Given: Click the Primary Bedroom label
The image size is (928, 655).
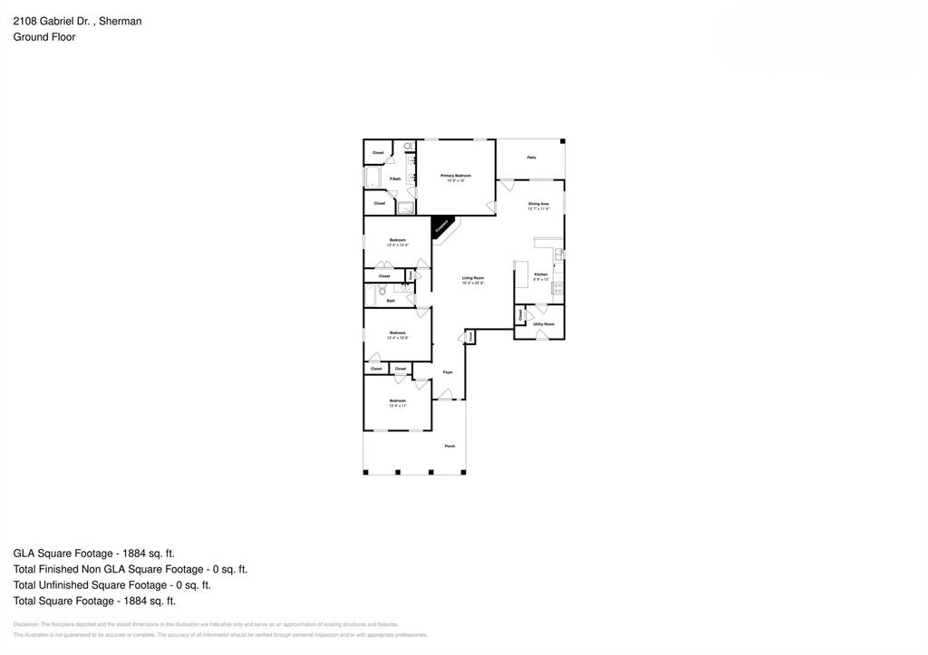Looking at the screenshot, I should click(456, 175).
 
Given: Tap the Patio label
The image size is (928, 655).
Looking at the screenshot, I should click(531, 158).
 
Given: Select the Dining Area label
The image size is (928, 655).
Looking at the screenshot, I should click(538, 204).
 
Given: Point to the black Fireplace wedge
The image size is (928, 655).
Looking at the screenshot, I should click(441, 226).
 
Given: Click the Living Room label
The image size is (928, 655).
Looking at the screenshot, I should click(473, 278).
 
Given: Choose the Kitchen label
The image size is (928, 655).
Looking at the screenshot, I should click(540, 274).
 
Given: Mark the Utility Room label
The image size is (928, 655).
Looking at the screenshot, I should click(544, 323).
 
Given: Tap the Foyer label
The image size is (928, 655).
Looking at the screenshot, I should click(448, 372).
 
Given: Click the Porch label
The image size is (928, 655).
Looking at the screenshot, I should click(449, 446).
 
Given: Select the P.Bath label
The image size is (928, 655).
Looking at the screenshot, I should click(395, 178).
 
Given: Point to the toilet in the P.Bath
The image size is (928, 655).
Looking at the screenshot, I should click(408, 146).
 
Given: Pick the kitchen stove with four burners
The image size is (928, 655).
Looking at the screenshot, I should click(557, 288).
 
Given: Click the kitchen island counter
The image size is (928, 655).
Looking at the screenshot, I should click(521, 275).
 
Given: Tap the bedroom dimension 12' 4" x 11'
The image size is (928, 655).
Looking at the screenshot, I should click(398, 406).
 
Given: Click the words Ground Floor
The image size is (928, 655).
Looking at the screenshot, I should click(43, 37).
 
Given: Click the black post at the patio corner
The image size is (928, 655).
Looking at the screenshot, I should click(562, 141).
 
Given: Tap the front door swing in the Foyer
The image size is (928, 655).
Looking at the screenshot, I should click(445, 394).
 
